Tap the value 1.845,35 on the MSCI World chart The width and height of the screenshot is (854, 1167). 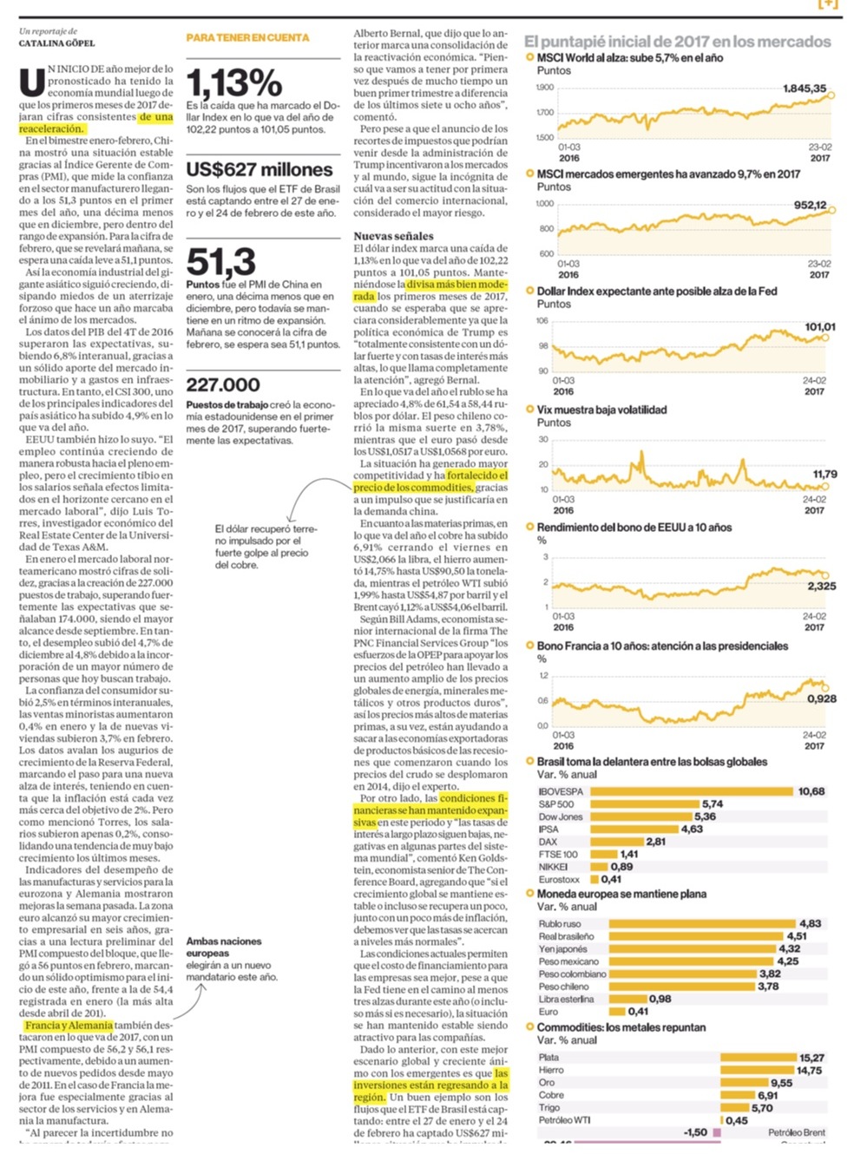[x=804, y=89]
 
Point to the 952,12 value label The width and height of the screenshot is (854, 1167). [x=809, y=206]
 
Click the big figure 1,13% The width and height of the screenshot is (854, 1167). [x=234, y=83]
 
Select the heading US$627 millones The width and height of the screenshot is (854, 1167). [x=259, y=170]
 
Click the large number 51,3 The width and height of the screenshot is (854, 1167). [x=221, y=262]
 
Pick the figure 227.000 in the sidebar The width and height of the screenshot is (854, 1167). [x=223, y=385]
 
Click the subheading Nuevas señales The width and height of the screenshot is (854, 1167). [x=393, y=236]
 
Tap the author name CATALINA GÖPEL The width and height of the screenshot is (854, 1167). [x=57, y=43]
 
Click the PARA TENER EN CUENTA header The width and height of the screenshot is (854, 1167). [x=247, y=38]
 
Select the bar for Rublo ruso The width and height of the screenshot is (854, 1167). [x=701, y=924]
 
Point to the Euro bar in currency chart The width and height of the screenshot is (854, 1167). [x=616, y=1012]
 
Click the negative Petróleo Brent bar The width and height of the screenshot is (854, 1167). [x=717, y=1132]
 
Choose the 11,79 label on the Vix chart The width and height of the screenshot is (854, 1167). [x=824, y=474]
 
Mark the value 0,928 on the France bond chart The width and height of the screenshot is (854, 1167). [x=821, y=698]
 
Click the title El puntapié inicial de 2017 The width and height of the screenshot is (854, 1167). [x=677, y=41]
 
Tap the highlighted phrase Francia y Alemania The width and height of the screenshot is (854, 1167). [x=69, y=1025]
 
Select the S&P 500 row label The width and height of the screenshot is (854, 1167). [x=556, y=804]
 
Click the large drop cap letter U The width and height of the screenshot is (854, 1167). [x=32, y=82]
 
